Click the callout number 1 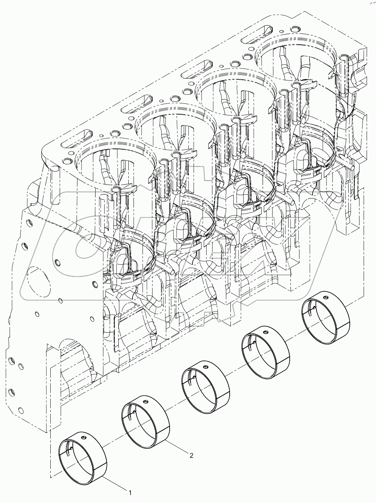[x=130, y=492]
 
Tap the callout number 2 [x=191, y=456]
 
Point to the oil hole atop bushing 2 [x=145, y=401]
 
